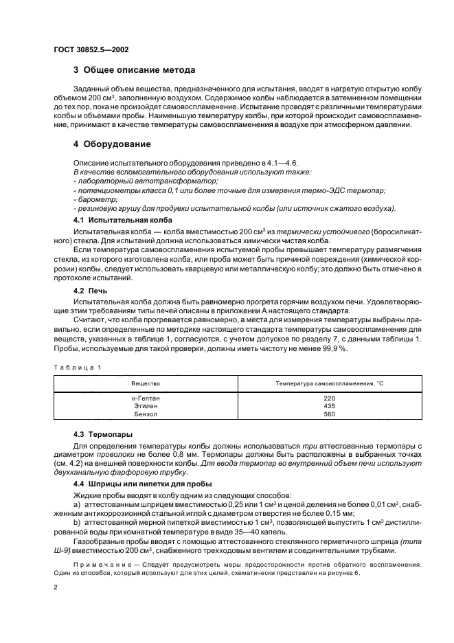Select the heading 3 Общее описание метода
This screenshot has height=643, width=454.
pyautogui.click(x=134, y=69)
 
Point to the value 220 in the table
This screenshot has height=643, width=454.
pyautogui.click(x=329, y=398)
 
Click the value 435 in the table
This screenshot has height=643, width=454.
pyautogui.click(x=329, y=406)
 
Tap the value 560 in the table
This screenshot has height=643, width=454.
pyautogui.click(x=329, y=414)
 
